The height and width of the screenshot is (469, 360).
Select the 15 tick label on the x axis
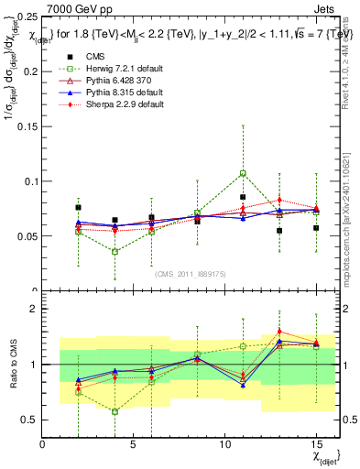pos(316,443)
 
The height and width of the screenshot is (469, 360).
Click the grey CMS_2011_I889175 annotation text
pos(188,274)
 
